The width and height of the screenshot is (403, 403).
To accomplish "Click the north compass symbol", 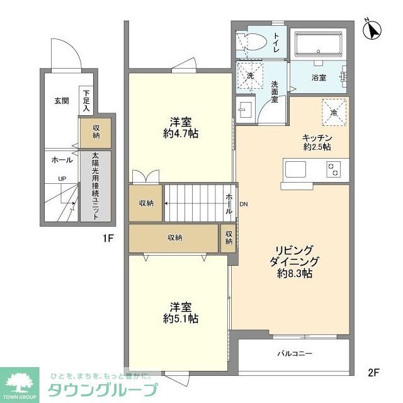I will pos(372,30).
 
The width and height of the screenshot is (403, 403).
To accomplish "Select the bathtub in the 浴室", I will pos(318,45).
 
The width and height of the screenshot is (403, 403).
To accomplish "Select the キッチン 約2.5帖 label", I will pos(317,142).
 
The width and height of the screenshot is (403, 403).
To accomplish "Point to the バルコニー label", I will pos(295,354).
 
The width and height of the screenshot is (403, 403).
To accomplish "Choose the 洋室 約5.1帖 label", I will pos(180,313).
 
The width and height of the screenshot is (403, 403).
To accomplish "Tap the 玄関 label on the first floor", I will pos(62,100).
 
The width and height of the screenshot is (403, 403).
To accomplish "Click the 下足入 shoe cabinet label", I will pos(86,99).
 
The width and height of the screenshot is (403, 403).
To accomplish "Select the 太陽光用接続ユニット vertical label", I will pos(95,186).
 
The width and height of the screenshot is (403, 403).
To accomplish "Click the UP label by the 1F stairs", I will pos(62,179).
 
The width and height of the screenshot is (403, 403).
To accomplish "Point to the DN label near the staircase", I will pos(244,203).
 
